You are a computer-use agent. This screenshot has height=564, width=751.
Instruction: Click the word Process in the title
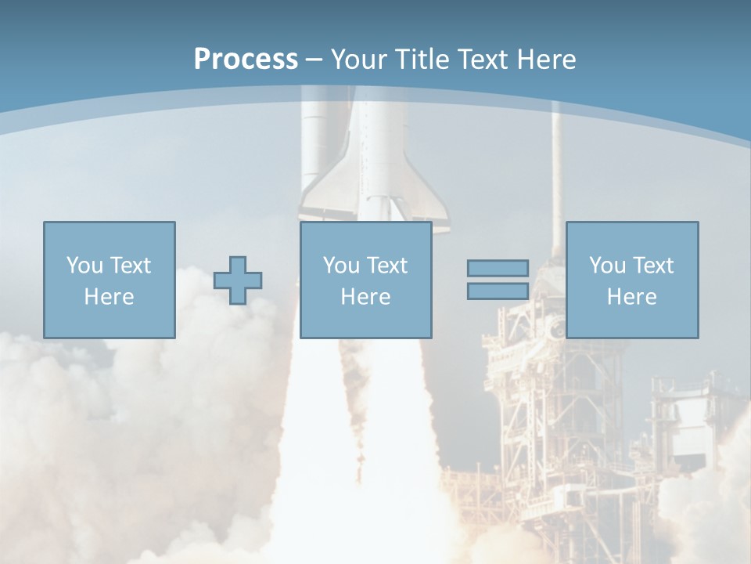(x=246, y=59)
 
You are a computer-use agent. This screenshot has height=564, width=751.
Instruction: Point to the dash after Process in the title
(x=314, y=60)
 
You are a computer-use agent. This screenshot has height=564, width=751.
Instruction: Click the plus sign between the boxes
(x=238, y=280)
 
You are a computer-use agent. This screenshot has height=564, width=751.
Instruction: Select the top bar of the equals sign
(x=498, y=269)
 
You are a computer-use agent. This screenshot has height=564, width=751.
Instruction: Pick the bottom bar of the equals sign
(x=498, y=291)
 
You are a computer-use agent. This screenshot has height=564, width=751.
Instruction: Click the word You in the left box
(x=84, y=266)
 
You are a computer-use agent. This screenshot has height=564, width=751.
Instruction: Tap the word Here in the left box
(x=109, y=297)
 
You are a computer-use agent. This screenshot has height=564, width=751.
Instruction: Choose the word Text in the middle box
(x=387, y=266)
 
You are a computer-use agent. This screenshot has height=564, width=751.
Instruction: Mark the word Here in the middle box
(x=365, y=297)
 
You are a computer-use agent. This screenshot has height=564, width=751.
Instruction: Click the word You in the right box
(x=606, y=266)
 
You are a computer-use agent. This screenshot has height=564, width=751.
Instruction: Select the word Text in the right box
(x=653, y=266)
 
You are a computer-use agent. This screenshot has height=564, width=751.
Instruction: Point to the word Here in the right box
(x=631, y=297)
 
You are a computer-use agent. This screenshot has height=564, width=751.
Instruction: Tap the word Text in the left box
(x=131, y=266)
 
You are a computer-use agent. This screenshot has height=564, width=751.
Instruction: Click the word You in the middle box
(x=340, y=266)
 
